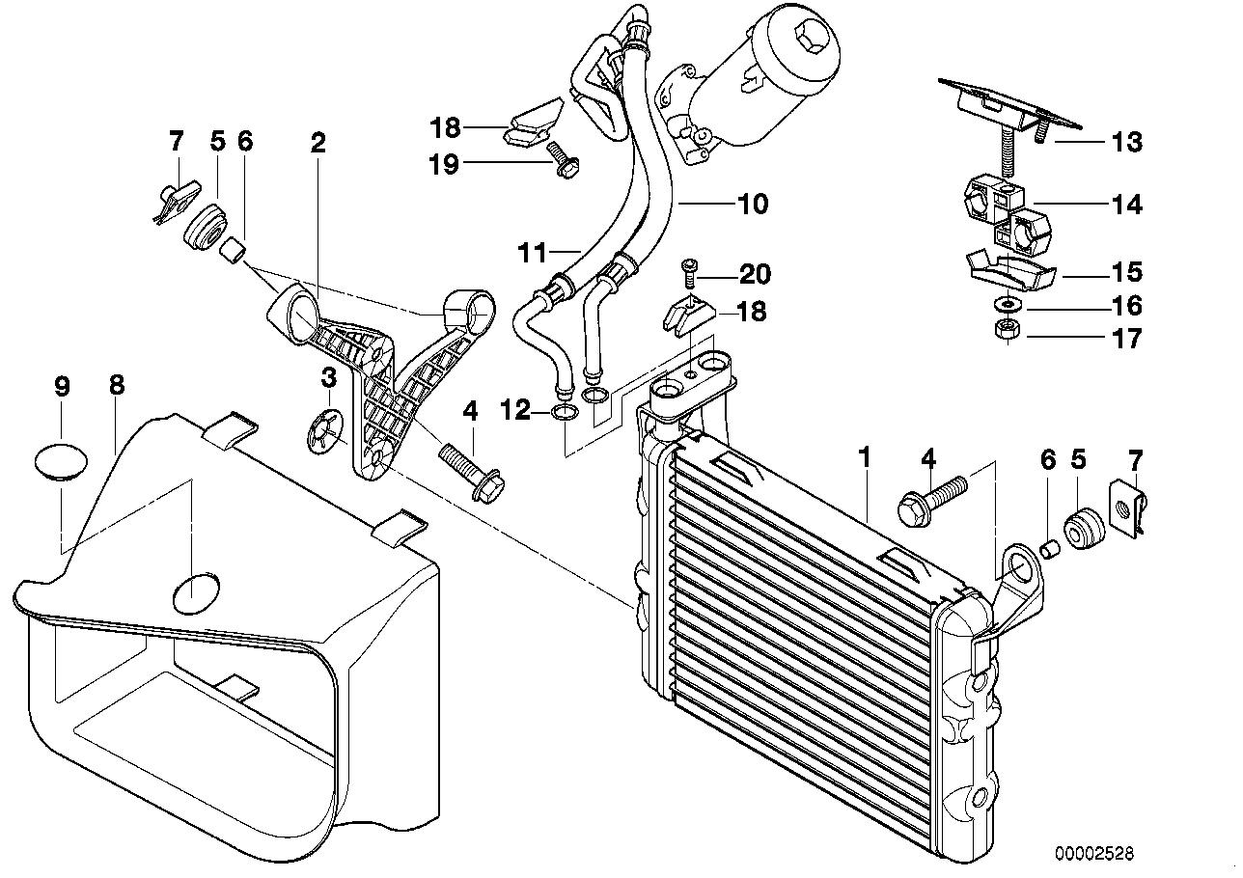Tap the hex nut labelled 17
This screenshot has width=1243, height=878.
coord(1005,332)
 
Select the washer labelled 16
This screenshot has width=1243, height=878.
coord(1005,306)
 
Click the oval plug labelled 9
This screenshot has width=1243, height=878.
coord(61,459)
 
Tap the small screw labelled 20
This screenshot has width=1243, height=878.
coord(688,272)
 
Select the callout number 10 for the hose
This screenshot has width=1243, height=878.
coord(752,205)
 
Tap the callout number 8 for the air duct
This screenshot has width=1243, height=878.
coord(116,386)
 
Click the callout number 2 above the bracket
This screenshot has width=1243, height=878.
coord(318,144)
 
